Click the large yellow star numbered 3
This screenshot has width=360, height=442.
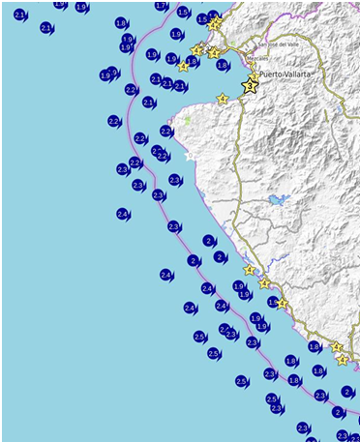251,86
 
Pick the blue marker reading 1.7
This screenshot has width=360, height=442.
273,303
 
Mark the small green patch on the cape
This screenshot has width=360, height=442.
188,121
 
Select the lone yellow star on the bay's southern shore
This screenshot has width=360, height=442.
223,99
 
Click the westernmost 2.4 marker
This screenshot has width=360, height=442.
123,214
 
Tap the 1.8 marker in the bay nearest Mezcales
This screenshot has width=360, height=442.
223,65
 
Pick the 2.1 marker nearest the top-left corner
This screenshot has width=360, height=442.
19,15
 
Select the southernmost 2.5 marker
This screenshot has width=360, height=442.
242,381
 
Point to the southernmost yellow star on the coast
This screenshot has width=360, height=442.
343,360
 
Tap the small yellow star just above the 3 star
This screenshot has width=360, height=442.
255,74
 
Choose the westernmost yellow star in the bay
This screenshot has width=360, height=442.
183,67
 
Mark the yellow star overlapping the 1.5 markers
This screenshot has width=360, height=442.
215,21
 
